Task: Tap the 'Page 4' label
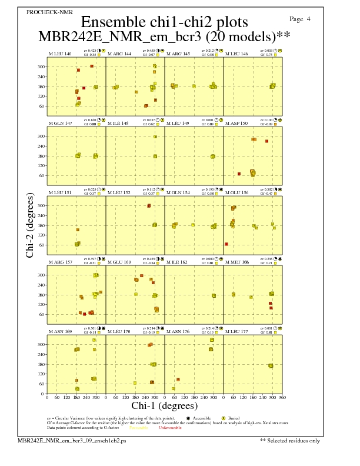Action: tap(301, 19)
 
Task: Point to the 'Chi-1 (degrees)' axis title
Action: tap(164, 406)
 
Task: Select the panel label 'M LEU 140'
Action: tap(60, 54)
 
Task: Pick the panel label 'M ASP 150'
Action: tap(236, 124)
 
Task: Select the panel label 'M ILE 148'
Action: tap(119, 124)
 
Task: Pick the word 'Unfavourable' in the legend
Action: tap(170, 428)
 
